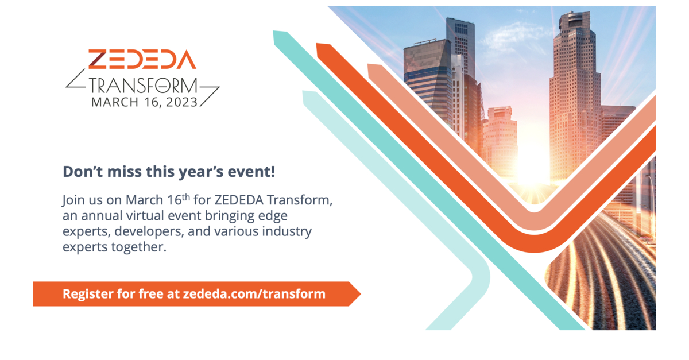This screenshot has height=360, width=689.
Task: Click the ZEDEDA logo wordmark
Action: (142, 60)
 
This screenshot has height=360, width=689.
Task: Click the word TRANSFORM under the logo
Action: (143, 86)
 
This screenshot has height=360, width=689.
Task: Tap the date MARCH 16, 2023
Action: (144, 102)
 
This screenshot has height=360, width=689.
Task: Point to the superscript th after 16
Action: (185, 197)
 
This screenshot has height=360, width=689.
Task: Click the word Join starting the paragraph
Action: (74, 202)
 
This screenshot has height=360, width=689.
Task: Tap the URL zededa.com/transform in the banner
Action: (254, 294)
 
